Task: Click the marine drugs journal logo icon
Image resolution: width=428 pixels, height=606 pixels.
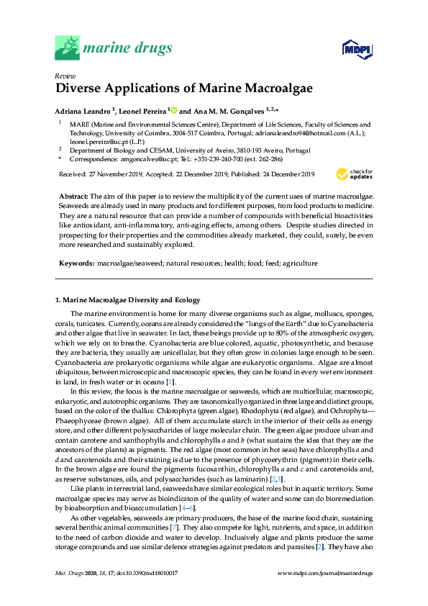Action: tap(68, 48)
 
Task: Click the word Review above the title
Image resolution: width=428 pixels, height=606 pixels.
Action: tap(65, 76)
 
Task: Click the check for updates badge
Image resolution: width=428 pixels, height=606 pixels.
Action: tap(355, 174)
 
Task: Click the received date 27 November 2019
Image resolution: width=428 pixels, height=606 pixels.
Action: tap(116, 174)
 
